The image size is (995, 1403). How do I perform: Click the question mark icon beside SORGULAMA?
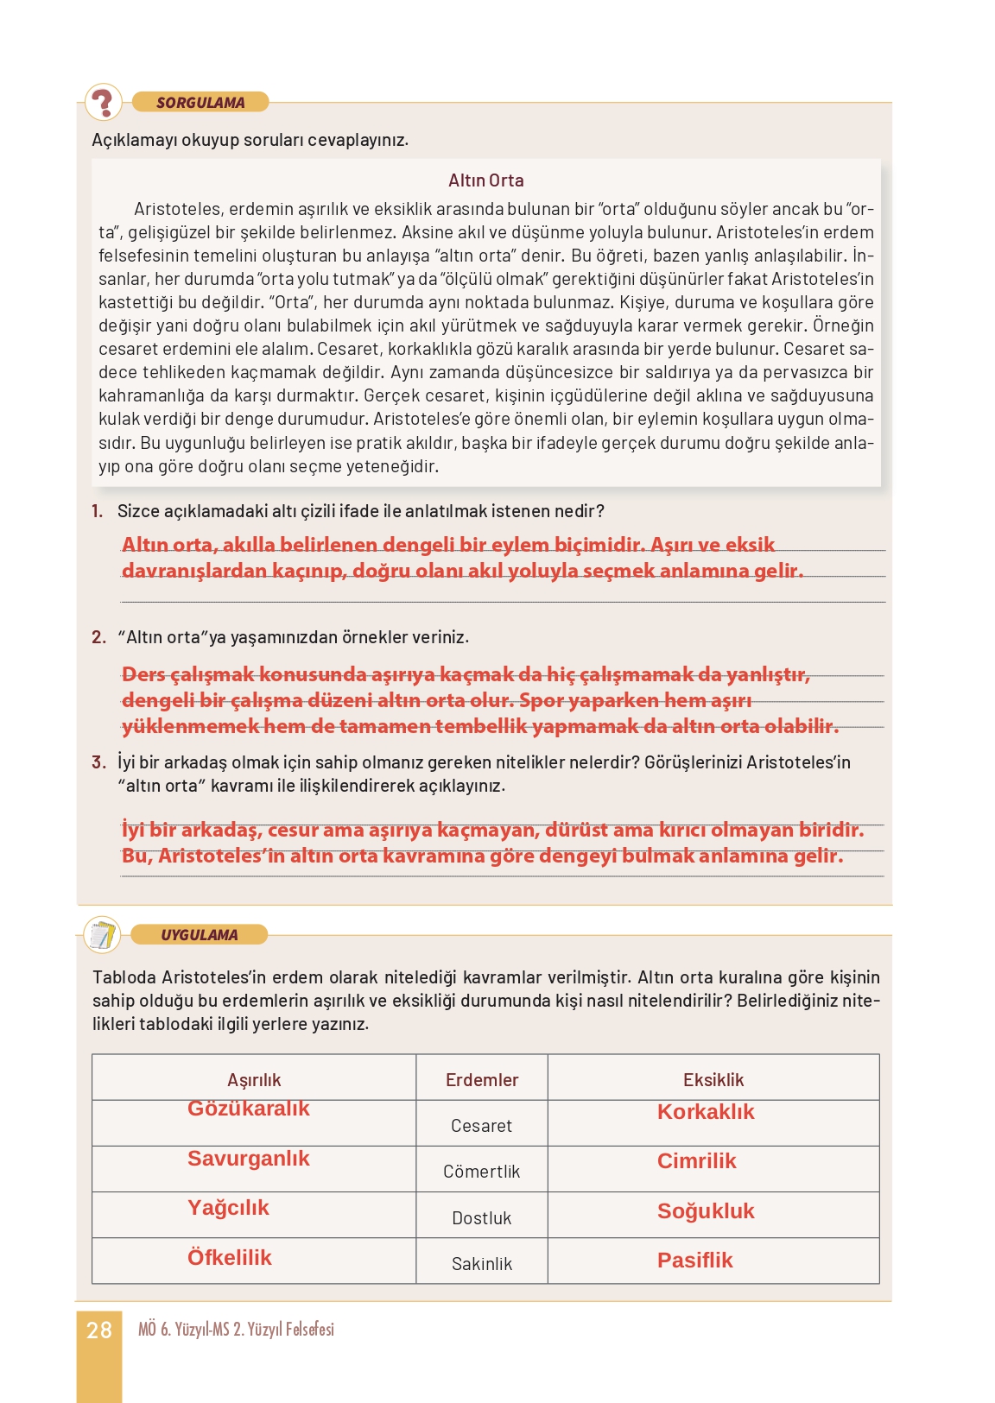(104, 102)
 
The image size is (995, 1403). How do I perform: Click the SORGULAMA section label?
(200, 103)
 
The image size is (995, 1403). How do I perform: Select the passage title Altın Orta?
(485, 180)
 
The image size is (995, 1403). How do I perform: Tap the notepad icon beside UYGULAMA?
(103, 934)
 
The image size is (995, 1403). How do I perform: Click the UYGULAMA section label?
(200, 935)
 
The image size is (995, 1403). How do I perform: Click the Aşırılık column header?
(254, 1080)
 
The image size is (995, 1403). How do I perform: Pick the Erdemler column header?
(482, 1080)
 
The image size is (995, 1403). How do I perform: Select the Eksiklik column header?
(713, 1080)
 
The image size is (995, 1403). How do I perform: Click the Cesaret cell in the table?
(481, 1126)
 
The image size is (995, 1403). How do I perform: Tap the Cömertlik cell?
(481, 1172)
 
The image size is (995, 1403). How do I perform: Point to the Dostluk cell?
(481, 1218)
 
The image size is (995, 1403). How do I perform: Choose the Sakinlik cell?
(481, 1264)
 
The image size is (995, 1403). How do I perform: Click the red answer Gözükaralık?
(249, 1109)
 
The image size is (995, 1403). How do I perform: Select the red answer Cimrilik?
(696, 1161)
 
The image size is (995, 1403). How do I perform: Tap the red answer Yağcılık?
(228, 1208)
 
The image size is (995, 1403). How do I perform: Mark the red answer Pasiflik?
(694, 1261)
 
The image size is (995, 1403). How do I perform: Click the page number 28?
(99, 1330)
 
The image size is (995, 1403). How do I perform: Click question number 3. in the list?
(98, 762)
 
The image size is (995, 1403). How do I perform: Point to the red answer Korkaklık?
(706, 1112)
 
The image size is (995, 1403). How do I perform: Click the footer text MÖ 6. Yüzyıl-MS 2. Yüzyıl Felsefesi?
(236, 1330)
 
